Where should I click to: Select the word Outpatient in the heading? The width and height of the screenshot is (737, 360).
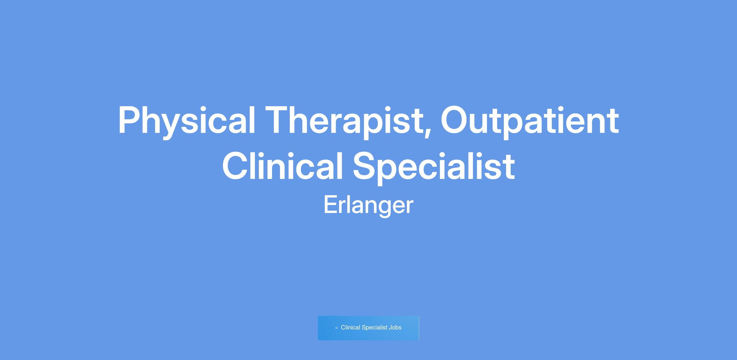[530, 121]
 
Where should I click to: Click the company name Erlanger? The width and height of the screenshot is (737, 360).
[368, 206]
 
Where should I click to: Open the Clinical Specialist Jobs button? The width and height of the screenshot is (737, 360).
[368, 328]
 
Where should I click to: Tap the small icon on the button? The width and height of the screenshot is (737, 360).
[336, 328]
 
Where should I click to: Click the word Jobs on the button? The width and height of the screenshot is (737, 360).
[395, 327]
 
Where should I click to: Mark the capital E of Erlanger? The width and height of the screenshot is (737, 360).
[331, 205]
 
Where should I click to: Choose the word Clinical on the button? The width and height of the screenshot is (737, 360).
[350, 327]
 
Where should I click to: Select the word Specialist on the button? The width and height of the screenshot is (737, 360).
[374, 328]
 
